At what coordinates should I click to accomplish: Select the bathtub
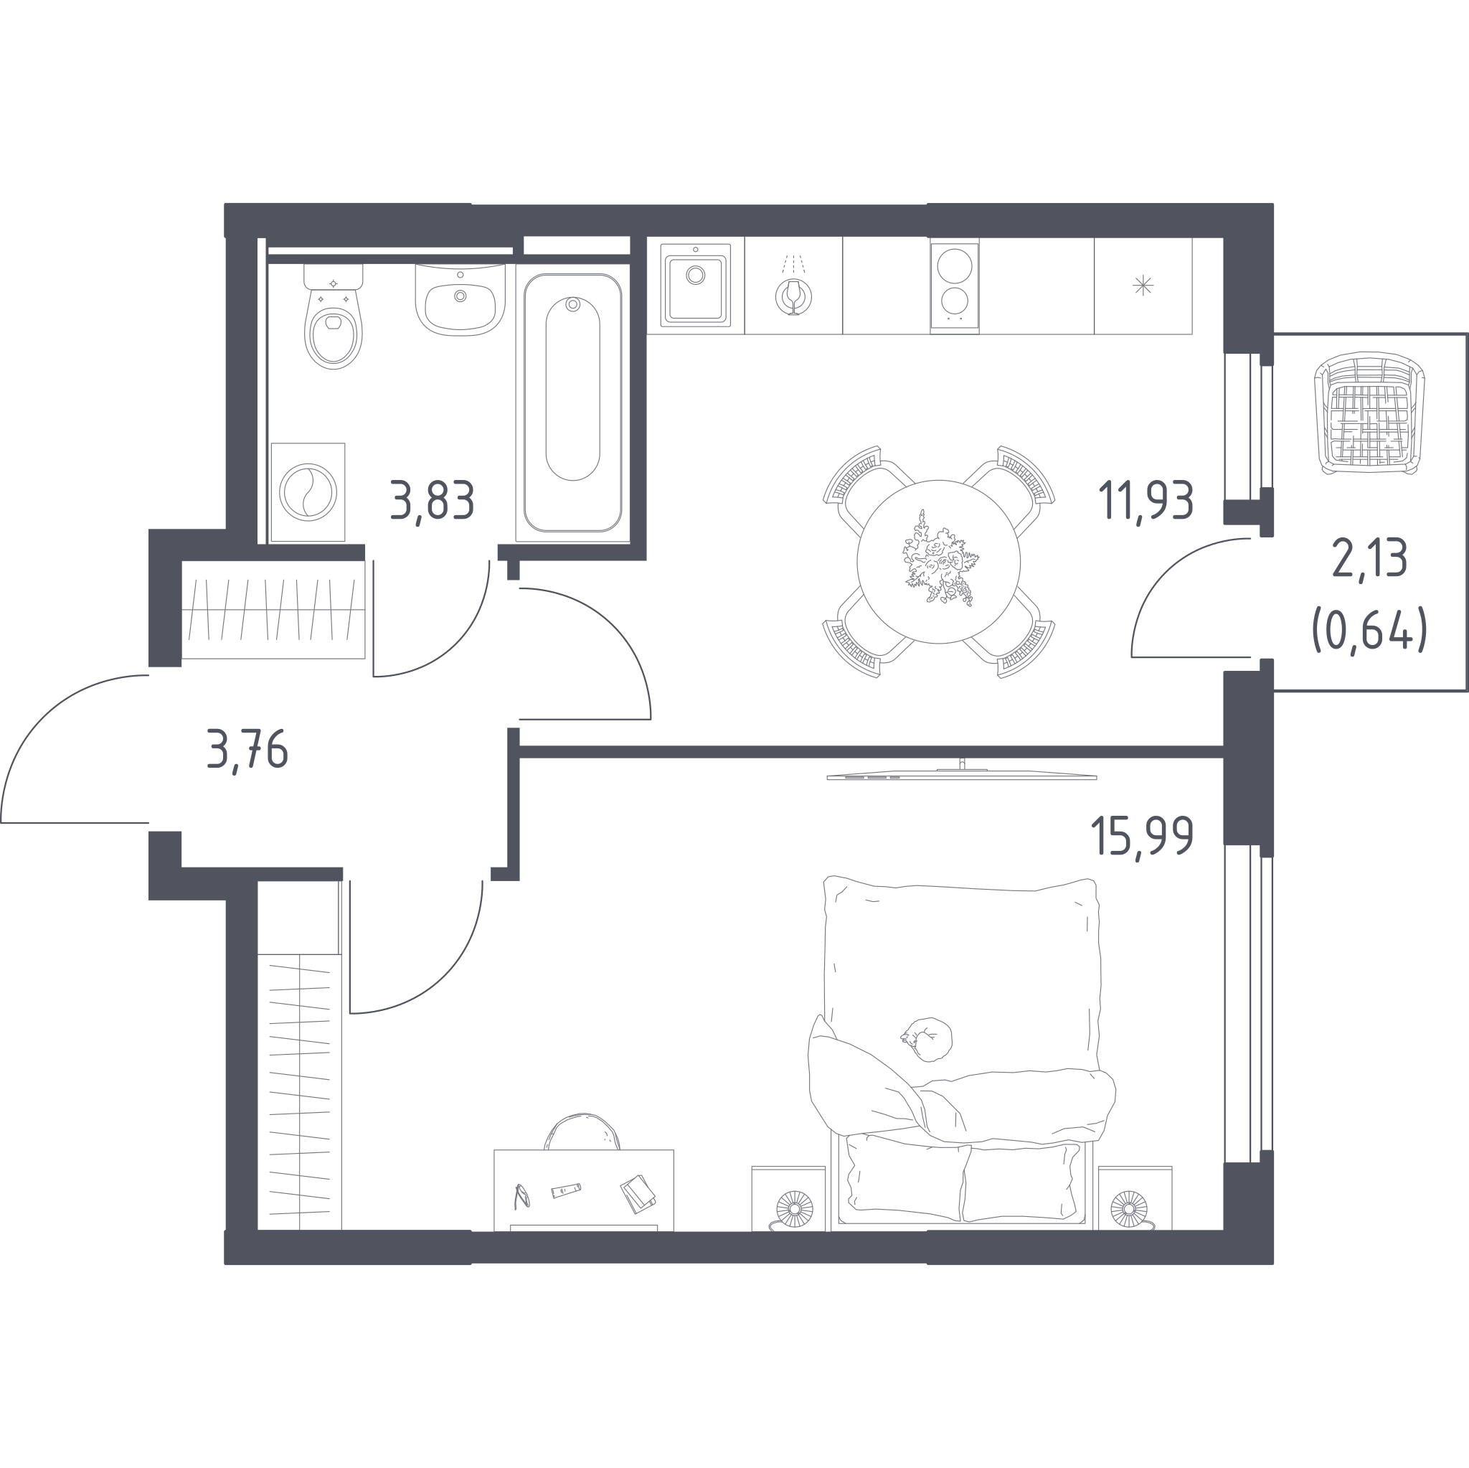(572, 403)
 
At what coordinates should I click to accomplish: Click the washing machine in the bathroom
(308, 492)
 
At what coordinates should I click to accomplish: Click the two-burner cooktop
(954, 286)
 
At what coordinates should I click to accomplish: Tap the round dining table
(938, 561)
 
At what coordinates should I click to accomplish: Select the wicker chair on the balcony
(1369, 413)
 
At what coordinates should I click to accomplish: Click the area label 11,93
(1145, 502)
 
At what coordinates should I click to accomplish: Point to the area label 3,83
(433, 502)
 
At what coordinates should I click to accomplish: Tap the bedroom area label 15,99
(1142, 836)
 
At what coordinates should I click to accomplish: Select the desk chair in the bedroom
(582, 1131)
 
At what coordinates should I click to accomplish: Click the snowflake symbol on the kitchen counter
(1143, 286)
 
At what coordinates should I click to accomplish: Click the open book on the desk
(638, 1193)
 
